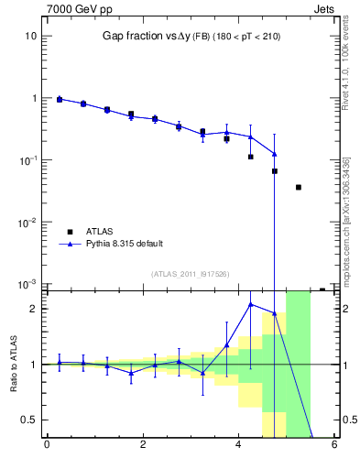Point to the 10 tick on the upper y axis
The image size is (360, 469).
30,36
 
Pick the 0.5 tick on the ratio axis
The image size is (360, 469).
27,420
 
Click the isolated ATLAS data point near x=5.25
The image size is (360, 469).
299,187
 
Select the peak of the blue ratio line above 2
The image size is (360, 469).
251,303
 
